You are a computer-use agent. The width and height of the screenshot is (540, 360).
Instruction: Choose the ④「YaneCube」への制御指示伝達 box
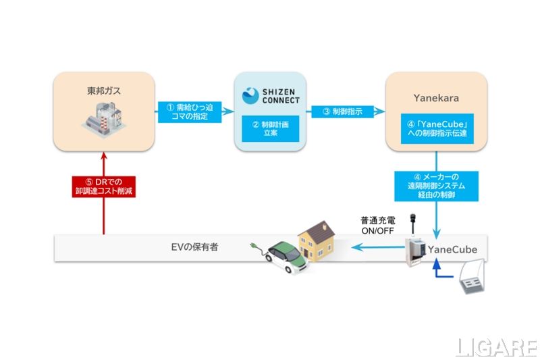(x=436, y=128)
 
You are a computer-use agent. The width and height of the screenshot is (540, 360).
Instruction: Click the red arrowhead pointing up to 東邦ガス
(x=104, y=157)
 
